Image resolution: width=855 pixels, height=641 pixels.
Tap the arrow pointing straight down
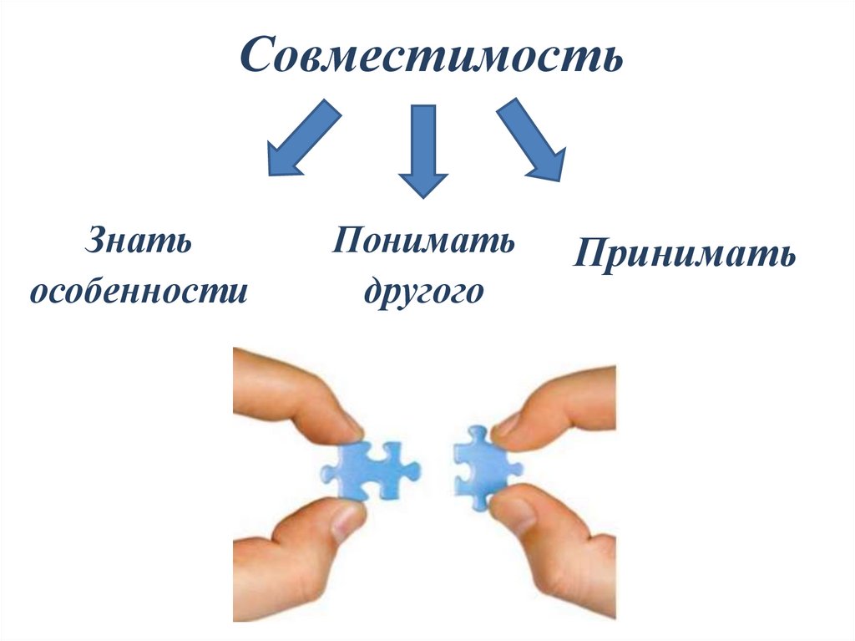point(422,148)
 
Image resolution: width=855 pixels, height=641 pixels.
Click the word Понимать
point(423,242)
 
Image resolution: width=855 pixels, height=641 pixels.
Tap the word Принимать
point(684,253)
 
